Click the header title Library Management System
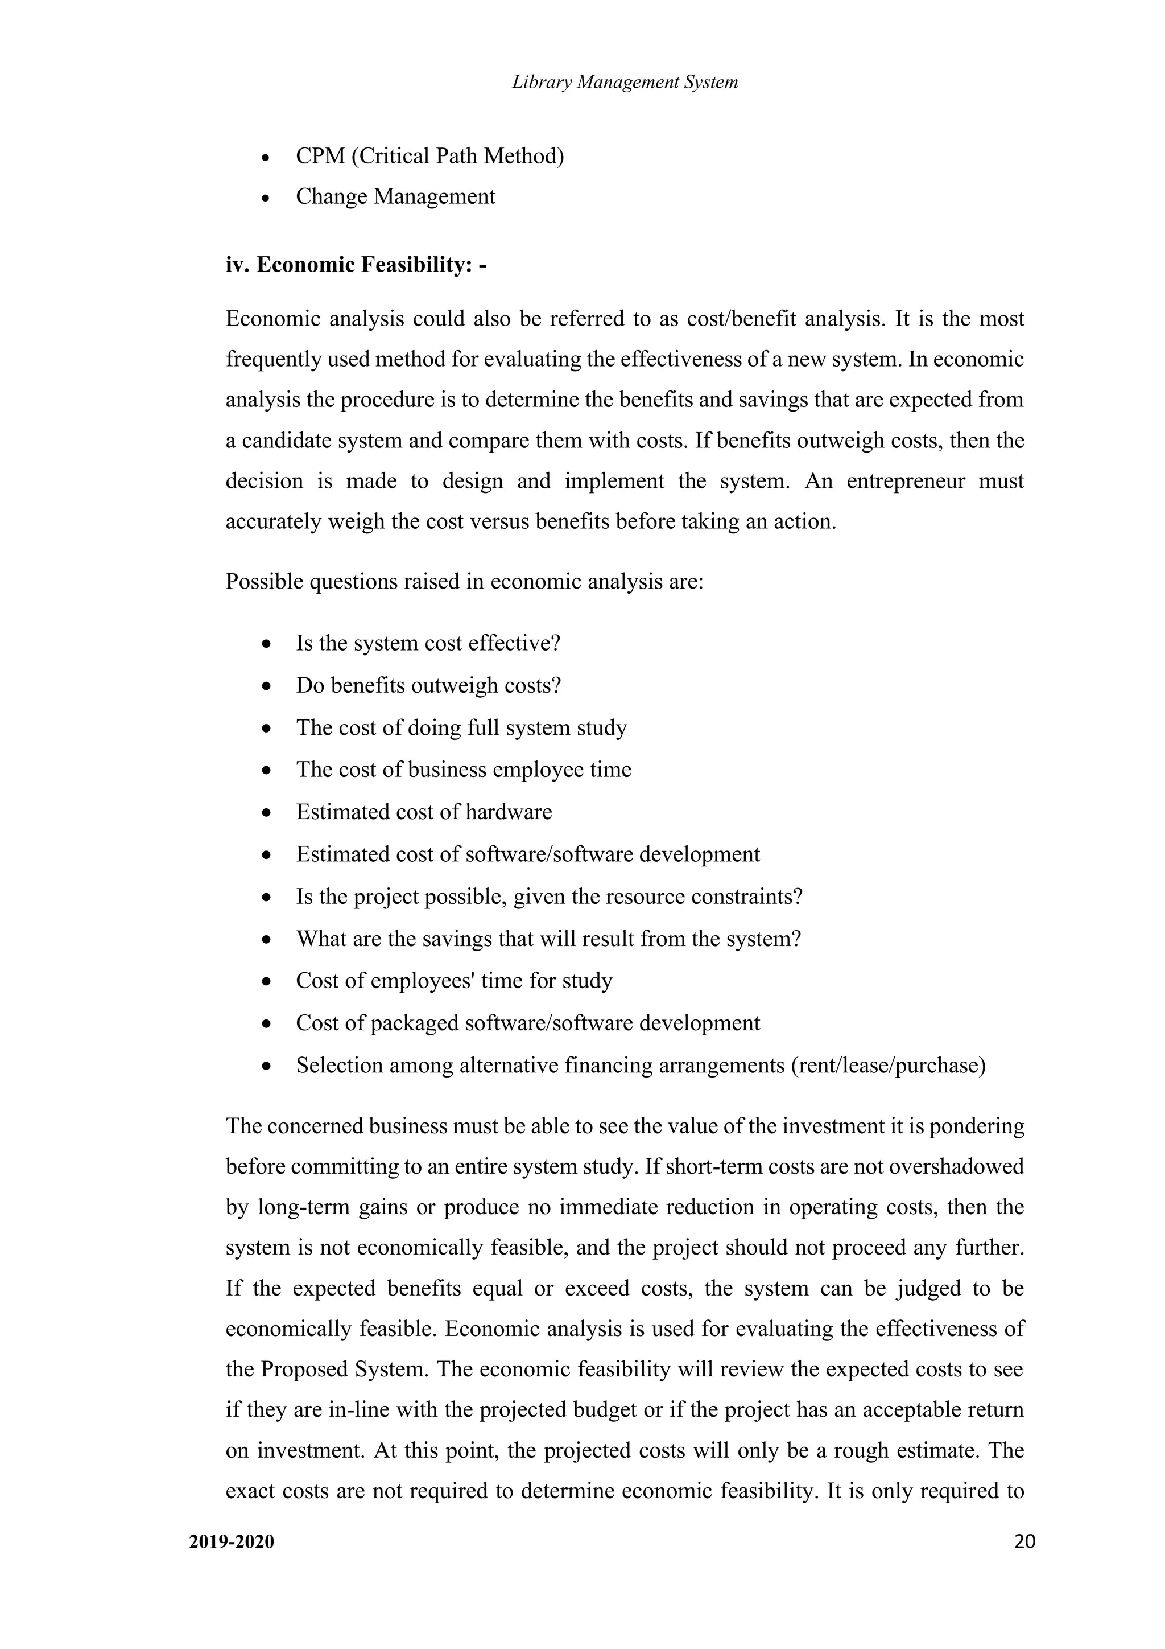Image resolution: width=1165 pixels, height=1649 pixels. (x=625, y=82)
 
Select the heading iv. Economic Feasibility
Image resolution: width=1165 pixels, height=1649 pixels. (x=356, y=265)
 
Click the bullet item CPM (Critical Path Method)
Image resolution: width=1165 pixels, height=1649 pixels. (x=429, y=156)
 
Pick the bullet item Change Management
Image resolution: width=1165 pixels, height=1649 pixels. (x=395, y=196)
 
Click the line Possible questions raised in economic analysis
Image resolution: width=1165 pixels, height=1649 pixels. (x=464, y=581)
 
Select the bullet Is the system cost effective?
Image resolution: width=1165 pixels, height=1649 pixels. (x=428, y=643)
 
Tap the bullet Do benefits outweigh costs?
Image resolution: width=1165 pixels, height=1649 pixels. (x=428, y=685)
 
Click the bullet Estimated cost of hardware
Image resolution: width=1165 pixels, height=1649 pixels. (x=423, y=812)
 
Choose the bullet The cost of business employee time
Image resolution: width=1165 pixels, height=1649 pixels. (x=463, y=769)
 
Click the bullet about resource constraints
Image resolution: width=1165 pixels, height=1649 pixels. (x=548, y=897)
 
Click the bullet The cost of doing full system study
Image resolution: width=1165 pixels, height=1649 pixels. (x=461, y=727)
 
